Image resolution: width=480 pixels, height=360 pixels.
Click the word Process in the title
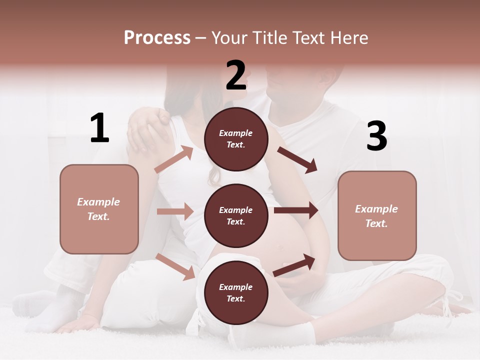coord(157,38)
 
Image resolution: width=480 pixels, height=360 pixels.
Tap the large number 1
coord(99,128)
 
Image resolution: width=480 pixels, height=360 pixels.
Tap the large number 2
coord(236,75)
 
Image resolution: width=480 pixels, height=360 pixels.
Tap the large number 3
coord(377,136)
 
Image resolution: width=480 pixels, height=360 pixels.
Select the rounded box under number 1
coord(99,209)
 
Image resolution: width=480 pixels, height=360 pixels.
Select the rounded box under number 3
coord(377,216)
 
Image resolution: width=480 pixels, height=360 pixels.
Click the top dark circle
coord(236,139)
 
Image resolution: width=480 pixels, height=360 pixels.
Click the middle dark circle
coord(236,215)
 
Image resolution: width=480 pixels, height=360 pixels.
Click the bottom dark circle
coord(236,292)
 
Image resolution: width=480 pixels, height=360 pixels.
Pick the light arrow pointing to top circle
coord(174,159)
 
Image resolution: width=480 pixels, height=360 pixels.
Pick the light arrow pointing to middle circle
coord(175,211)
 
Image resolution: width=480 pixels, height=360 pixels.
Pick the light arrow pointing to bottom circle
coord(175,266)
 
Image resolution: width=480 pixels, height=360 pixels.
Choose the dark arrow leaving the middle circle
coord(295,210)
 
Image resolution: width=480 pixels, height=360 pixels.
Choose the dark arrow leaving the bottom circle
coord(294,265)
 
